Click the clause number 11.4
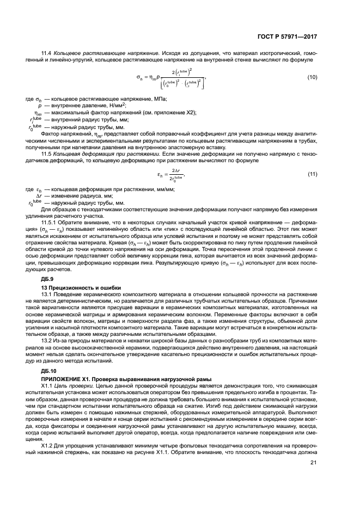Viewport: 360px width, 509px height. coord(47,52)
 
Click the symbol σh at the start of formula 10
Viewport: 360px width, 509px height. coord(139,78)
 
